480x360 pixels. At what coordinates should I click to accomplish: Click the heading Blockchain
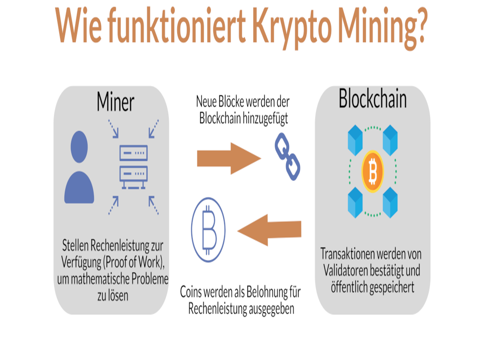click(x=373, y=99)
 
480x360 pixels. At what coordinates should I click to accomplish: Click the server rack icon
click(x=134, y=166)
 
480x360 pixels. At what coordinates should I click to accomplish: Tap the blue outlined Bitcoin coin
click(x=209, y=228)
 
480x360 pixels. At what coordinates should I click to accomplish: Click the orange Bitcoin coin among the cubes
click(x=373, y=172)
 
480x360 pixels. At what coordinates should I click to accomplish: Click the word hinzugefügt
click(x=265, y=119)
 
